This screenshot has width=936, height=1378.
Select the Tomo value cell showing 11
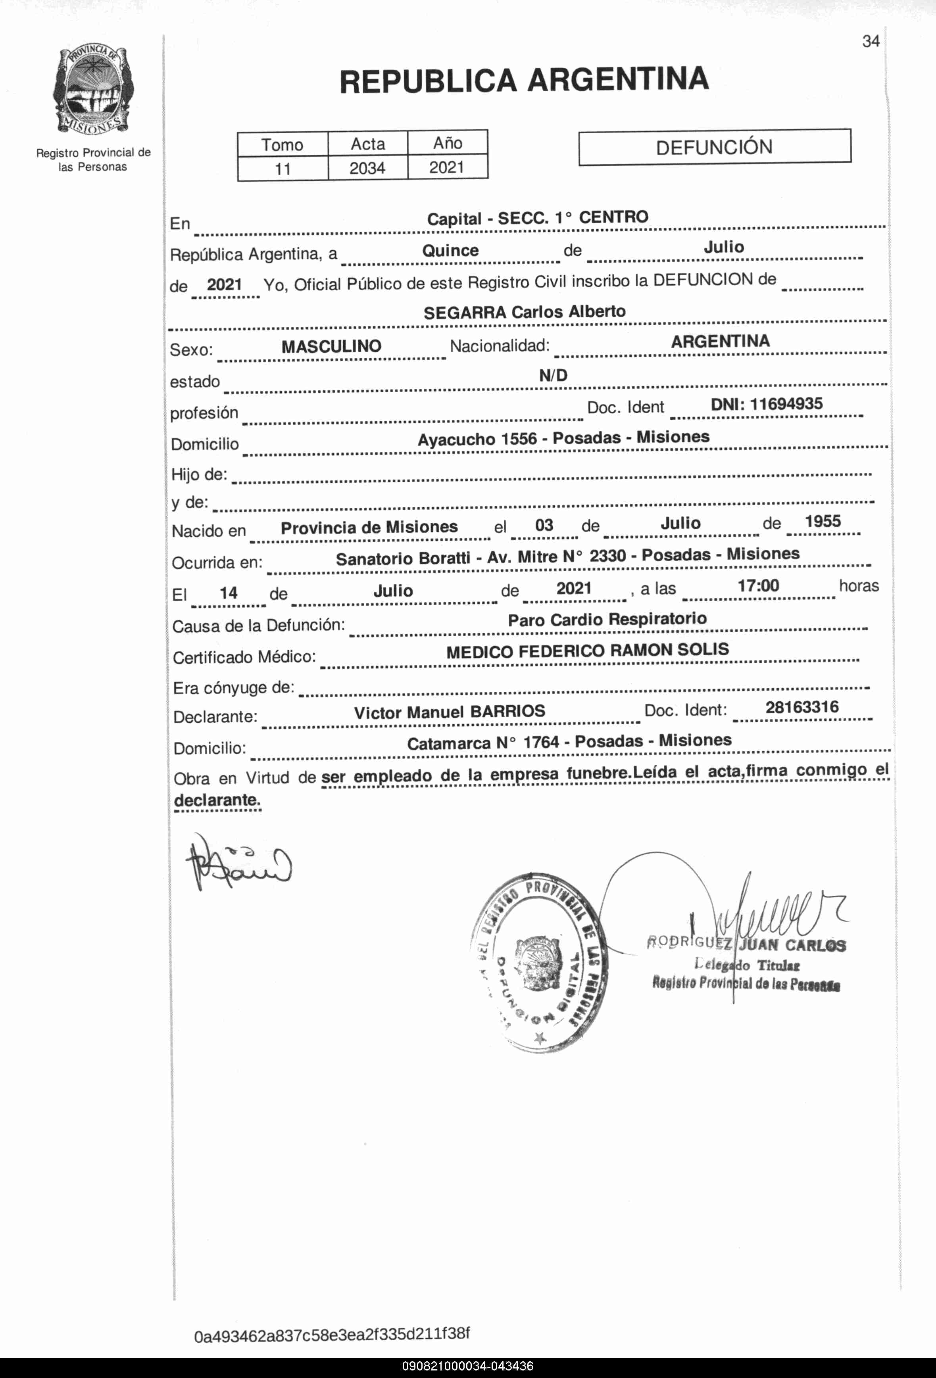[283, 169]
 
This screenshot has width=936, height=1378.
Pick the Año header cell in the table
[447, 143]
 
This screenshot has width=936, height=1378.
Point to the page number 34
[871, 42]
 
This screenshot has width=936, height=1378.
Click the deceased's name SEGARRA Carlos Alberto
[525, 312]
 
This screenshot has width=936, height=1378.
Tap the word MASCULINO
[331, 346]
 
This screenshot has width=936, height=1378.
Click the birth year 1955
[823, 522]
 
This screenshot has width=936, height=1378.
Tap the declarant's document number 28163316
[802, 707]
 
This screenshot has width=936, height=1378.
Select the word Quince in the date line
[450, 250]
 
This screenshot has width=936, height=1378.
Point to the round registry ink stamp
[538, 961]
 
